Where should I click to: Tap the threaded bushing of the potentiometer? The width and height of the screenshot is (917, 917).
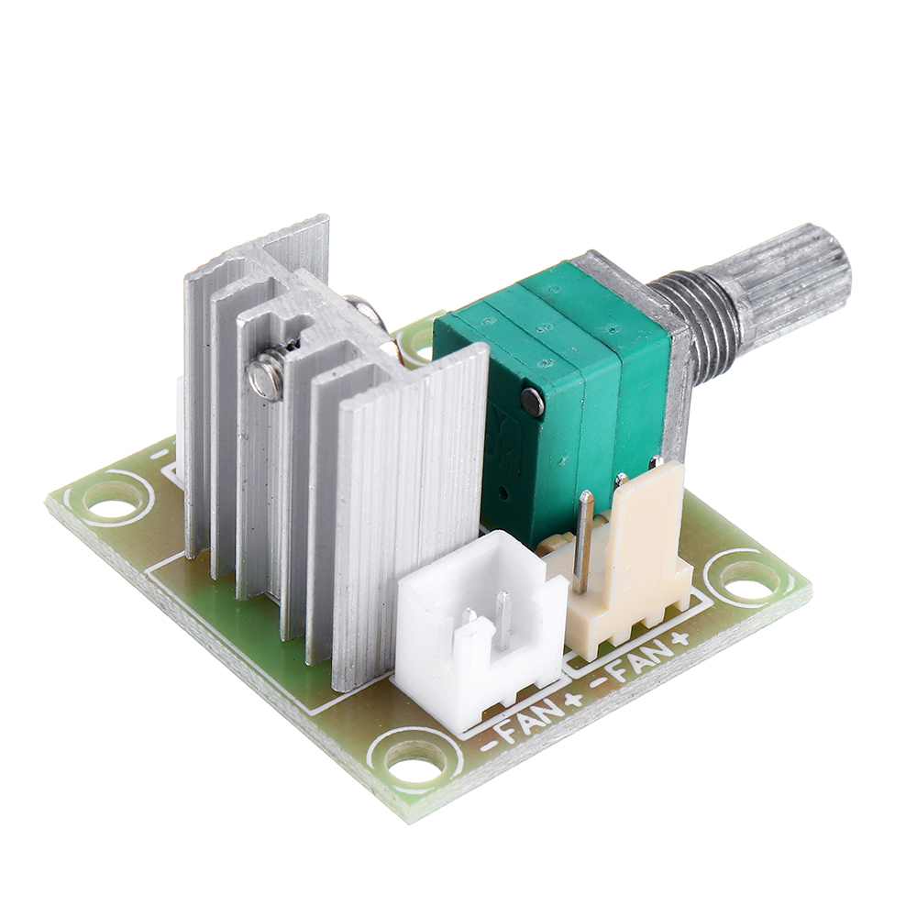702,321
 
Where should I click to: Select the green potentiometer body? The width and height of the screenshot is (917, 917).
559,385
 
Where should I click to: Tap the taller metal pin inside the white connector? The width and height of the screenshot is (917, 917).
503,619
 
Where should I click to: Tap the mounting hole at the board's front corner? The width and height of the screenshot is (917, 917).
414,759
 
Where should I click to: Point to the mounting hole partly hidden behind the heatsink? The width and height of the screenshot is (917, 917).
420,341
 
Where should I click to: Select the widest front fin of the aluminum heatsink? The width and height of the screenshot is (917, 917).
408,514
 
